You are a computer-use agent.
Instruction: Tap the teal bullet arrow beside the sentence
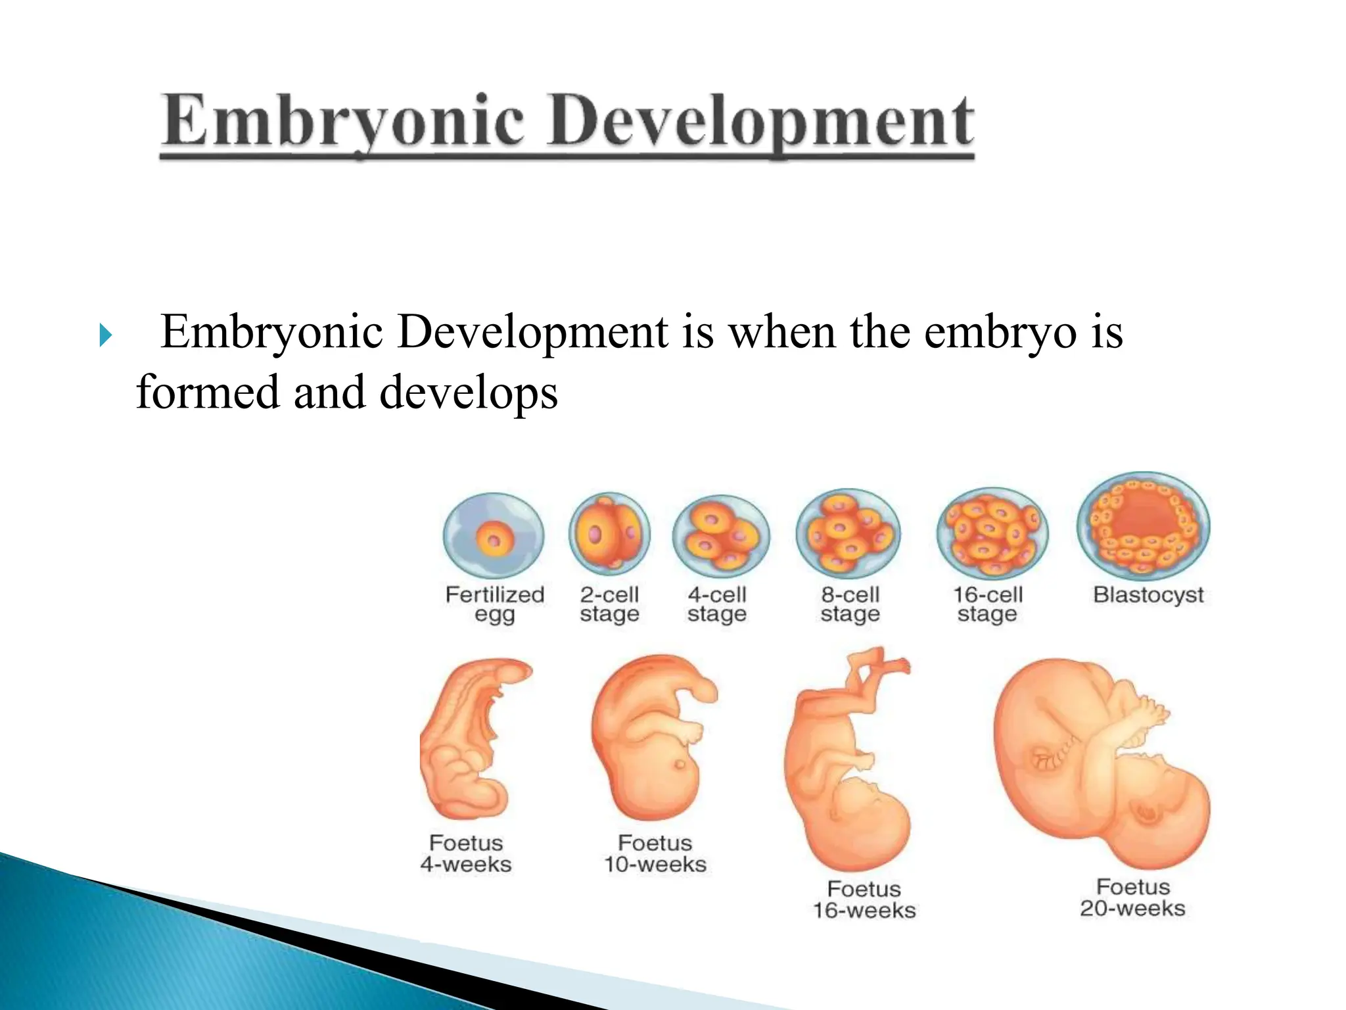coord(105,335)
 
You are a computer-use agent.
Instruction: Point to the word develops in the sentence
coord(469,393)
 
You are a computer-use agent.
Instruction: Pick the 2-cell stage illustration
coord(609,534)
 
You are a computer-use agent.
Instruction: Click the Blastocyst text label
coord(1148,594)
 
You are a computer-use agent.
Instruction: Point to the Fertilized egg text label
coord(495,604)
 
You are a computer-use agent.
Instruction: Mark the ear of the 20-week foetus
coord(1148,815)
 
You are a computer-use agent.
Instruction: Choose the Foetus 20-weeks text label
coord(1132,898)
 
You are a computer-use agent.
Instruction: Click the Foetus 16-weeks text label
coord(864,900)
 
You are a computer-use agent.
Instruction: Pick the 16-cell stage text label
coord(988,604)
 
